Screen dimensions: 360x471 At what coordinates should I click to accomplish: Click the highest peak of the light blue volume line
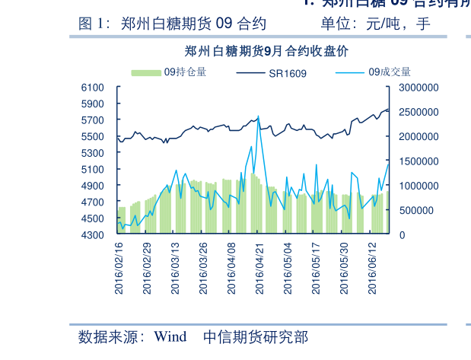pyautogui.click(x=259, y=116)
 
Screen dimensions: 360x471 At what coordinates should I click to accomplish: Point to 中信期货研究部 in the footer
pyautogui.click(x=256, y=336)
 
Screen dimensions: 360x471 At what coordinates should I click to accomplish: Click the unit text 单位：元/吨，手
pyautogui.click(x=375, y=24)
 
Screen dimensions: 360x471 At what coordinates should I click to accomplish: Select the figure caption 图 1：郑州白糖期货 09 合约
pyautogui.click(x=172, y=24)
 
